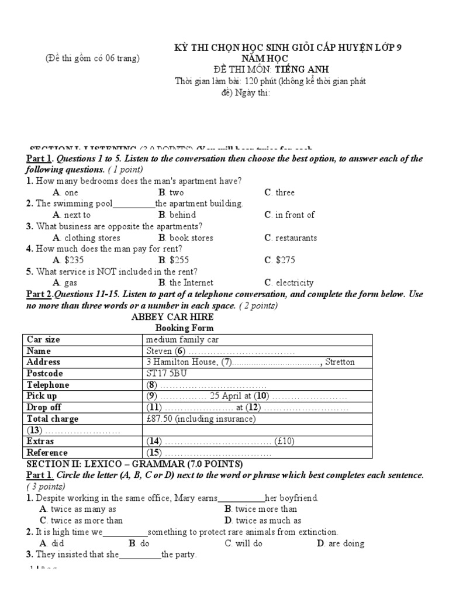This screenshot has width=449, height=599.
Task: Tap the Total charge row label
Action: [x=53, y=419]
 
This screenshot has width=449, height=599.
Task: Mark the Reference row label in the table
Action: [x=47, y=452]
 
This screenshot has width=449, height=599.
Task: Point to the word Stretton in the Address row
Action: [x=340, y=362]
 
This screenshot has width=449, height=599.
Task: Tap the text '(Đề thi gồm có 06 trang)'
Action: [x=92, y=58]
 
